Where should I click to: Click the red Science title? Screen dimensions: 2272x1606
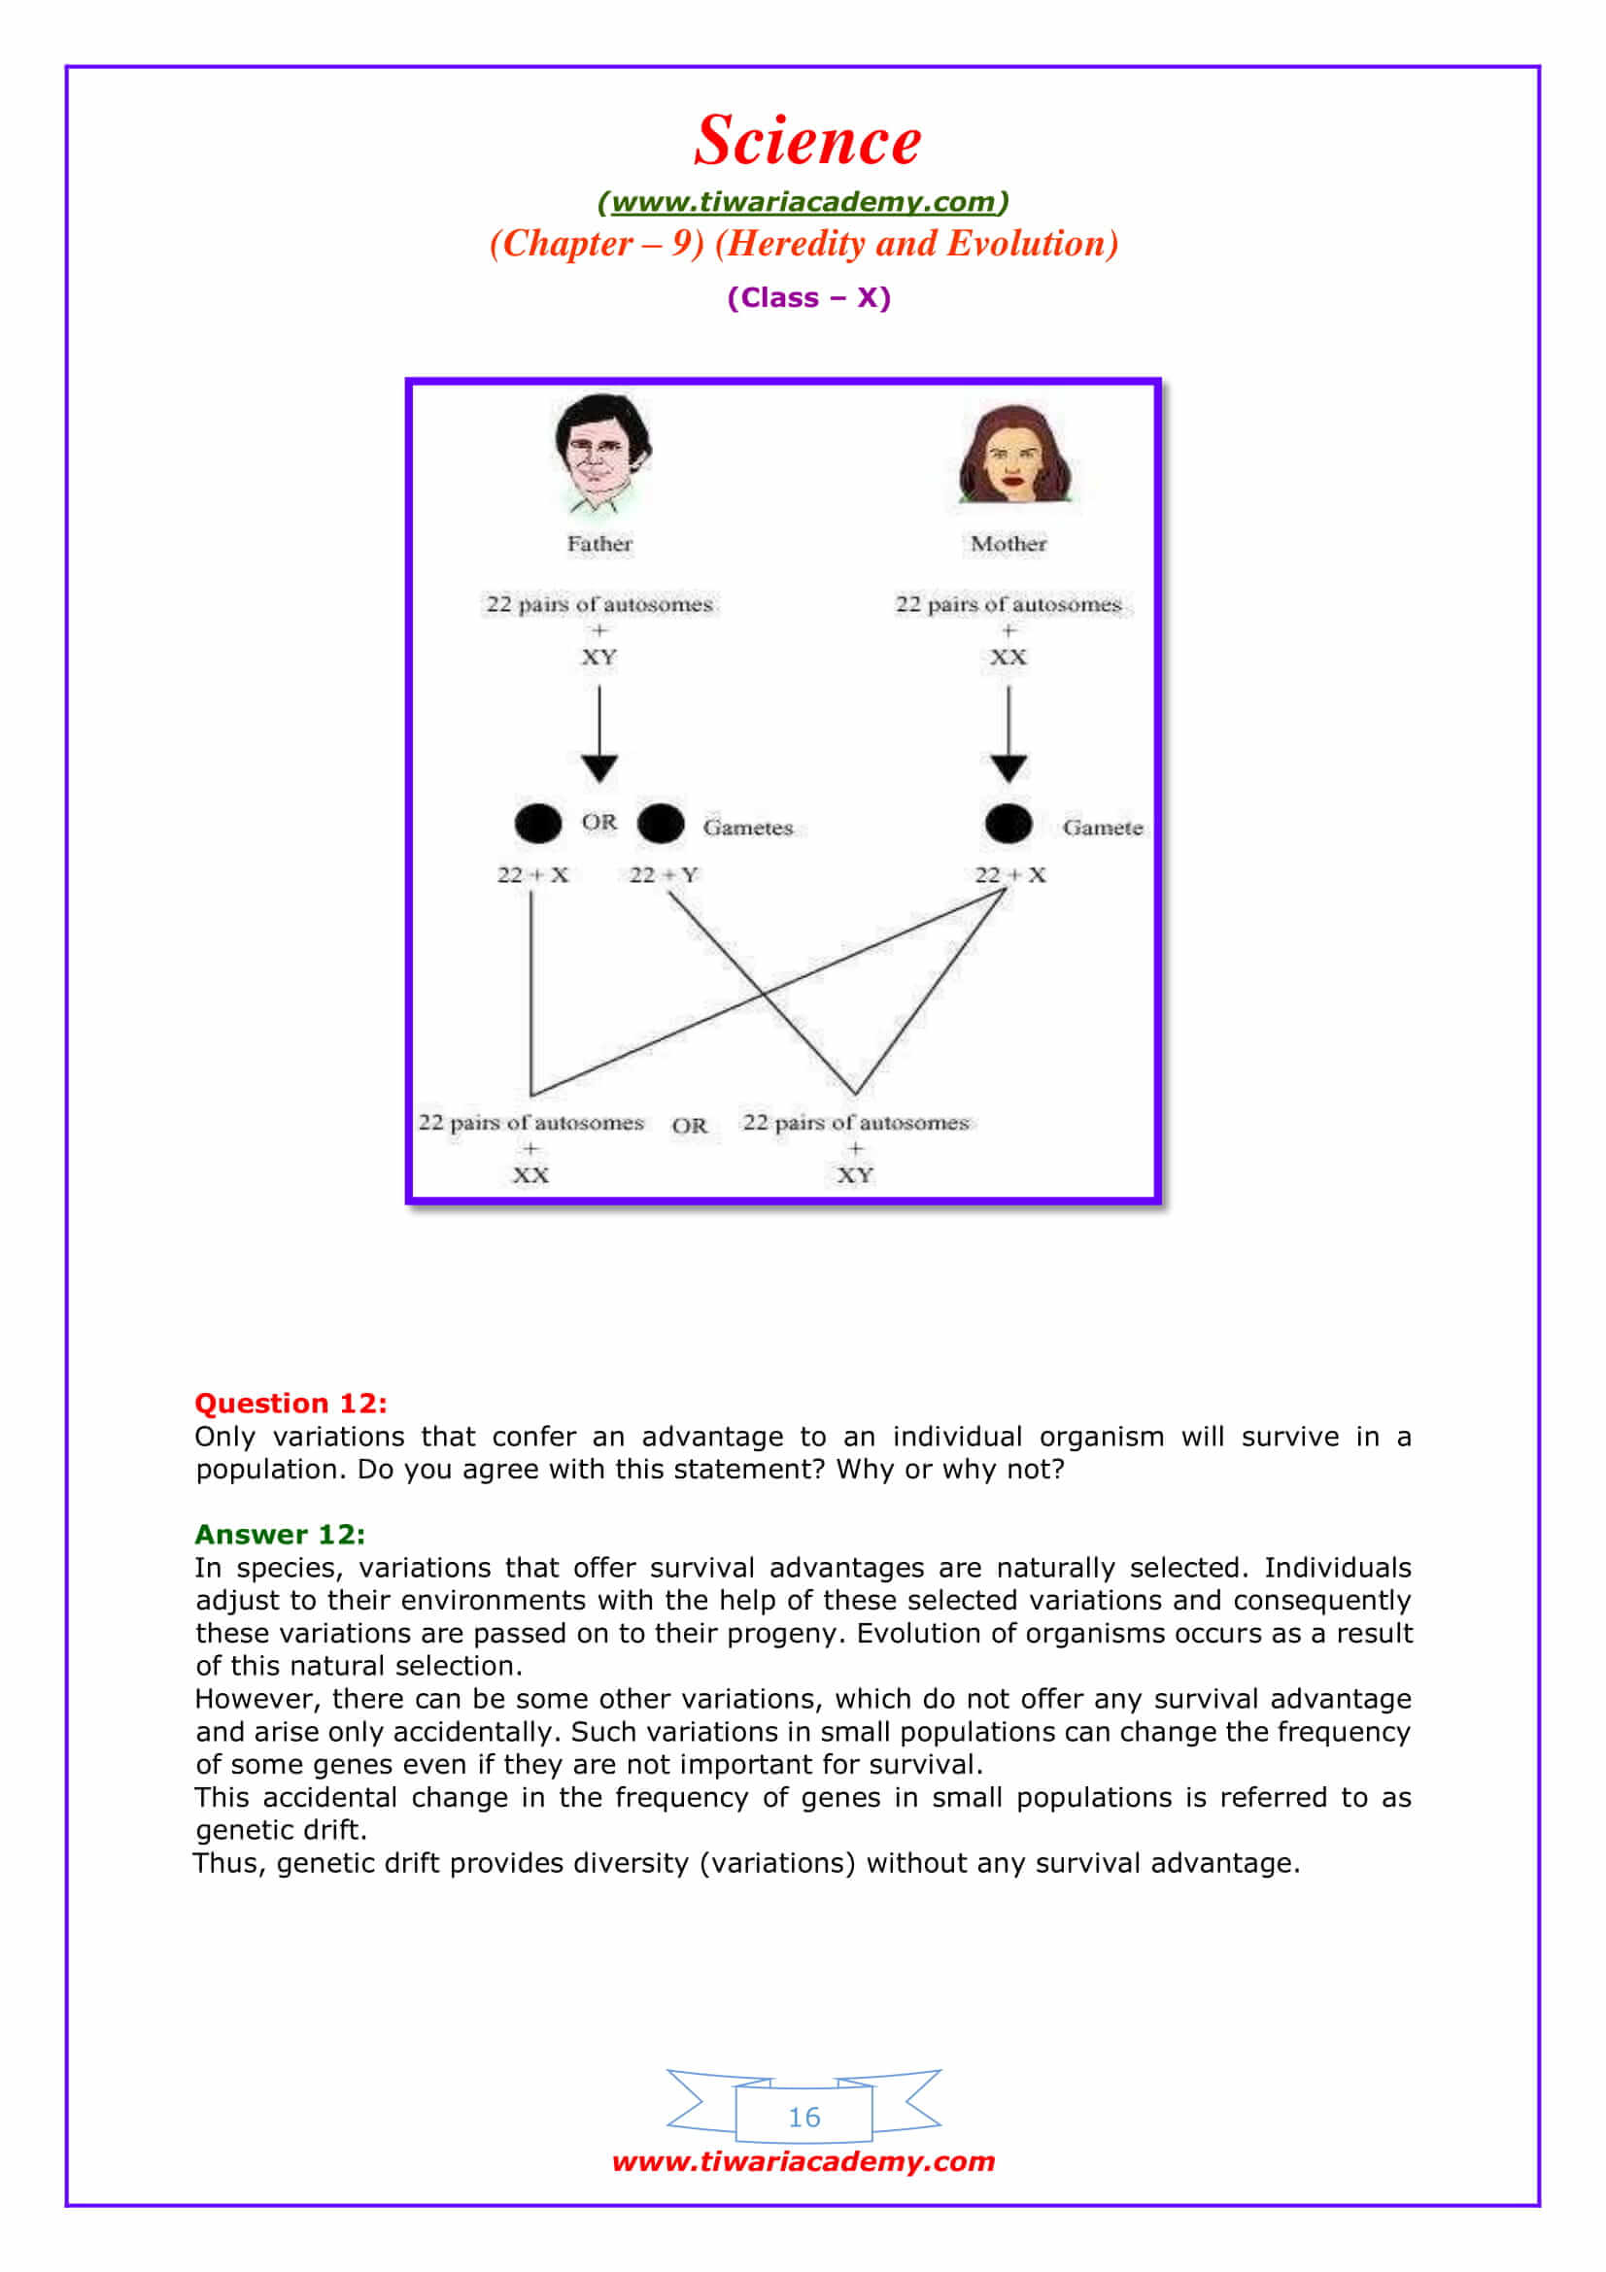tap(806, 140)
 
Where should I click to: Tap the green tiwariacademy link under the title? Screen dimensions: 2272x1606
tap(803, 202)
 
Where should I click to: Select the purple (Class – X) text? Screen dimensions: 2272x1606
tap(808, 297)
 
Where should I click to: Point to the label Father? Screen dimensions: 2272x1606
tap(598, 543)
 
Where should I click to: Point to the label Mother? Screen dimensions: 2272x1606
tap(1008, 543)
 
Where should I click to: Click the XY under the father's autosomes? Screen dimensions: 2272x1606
tap(598, 657)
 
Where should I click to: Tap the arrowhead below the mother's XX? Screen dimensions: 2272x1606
tap(1008, 768)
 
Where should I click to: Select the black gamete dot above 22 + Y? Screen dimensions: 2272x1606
tap(661, 824)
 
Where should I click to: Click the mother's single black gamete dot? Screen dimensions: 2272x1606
tap(1008, 824)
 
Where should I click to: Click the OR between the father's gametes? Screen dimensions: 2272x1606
tap(598, 823)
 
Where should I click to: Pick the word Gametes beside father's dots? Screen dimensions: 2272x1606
tap(747, 828)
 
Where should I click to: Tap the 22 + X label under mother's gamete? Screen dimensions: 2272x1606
tap(1009, 875)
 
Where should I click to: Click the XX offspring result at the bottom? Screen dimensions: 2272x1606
tap(530, 1174)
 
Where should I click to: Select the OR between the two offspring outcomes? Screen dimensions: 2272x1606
tap(689, 1125)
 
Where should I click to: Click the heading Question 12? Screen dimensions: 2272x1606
tap(290, 1404)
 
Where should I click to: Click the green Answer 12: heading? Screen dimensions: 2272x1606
tap(279, 1534)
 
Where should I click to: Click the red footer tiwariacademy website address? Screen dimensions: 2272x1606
tap(803, 2161)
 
